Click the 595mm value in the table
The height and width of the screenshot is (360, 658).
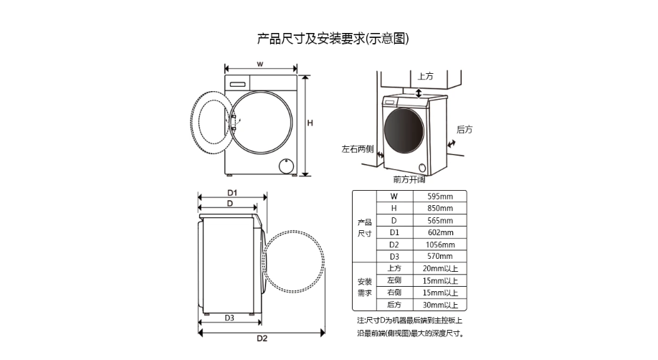click(x=440, y=196)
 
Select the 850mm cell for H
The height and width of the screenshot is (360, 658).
click(x=440, y=209)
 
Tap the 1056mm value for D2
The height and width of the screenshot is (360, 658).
click(x=440, y=245)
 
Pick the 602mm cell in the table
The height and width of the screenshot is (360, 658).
click(x=440, y=232)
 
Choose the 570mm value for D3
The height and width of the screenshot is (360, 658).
click(x=440, y=256)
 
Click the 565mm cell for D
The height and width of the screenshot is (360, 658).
click(x=440, y=221)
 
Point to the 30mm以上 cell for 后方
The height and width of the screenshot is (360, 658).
click(x=440, y=305)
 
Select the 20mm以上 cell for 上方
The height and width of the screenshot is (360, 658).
click(x=440, y=268)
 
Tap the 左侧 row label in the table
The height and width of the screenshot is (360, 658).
click(x=394, y=280)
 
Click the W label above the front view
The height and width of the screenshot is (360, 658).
click(x=260, y=65)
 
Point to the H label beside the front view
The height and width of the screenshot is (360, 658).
click(x=310, y=123)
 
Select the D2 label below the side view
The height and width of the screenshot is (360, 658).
click(x=262, y=338)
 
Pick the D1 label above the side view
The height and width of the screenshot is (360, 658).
click(x=232, y=193)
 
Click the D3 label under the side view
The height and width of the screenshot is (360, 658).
click(x=229, y=318)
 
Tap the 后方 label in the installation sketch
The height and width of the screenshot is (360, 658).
click(x=464, y=130)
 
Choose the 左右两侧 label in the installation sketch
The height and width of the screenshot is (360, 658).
click(x=357, y=149)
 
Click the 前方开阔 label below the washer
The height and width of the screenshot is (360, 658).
click(x=409, y=180)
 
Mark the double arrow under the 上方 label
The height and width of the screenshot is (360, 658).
click(x=419, y=93)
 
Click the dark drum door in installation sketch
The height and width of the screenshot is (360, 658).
click(x=404, y=131)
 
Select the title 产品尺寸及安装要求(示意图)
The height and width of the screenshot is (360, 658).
click(x=333, y=39)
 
